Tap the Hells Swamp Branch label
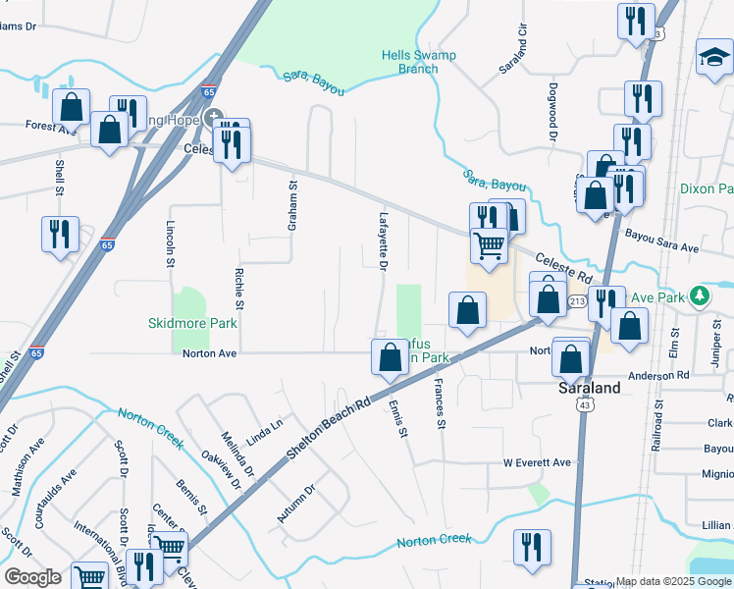(x=419, y=62)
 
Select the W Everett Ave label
(x=537, y=462)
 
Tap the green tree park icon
(x=699, y=294)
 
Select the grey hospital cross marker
(x=215, y=118)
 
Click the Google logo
(x=32, y=576)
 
